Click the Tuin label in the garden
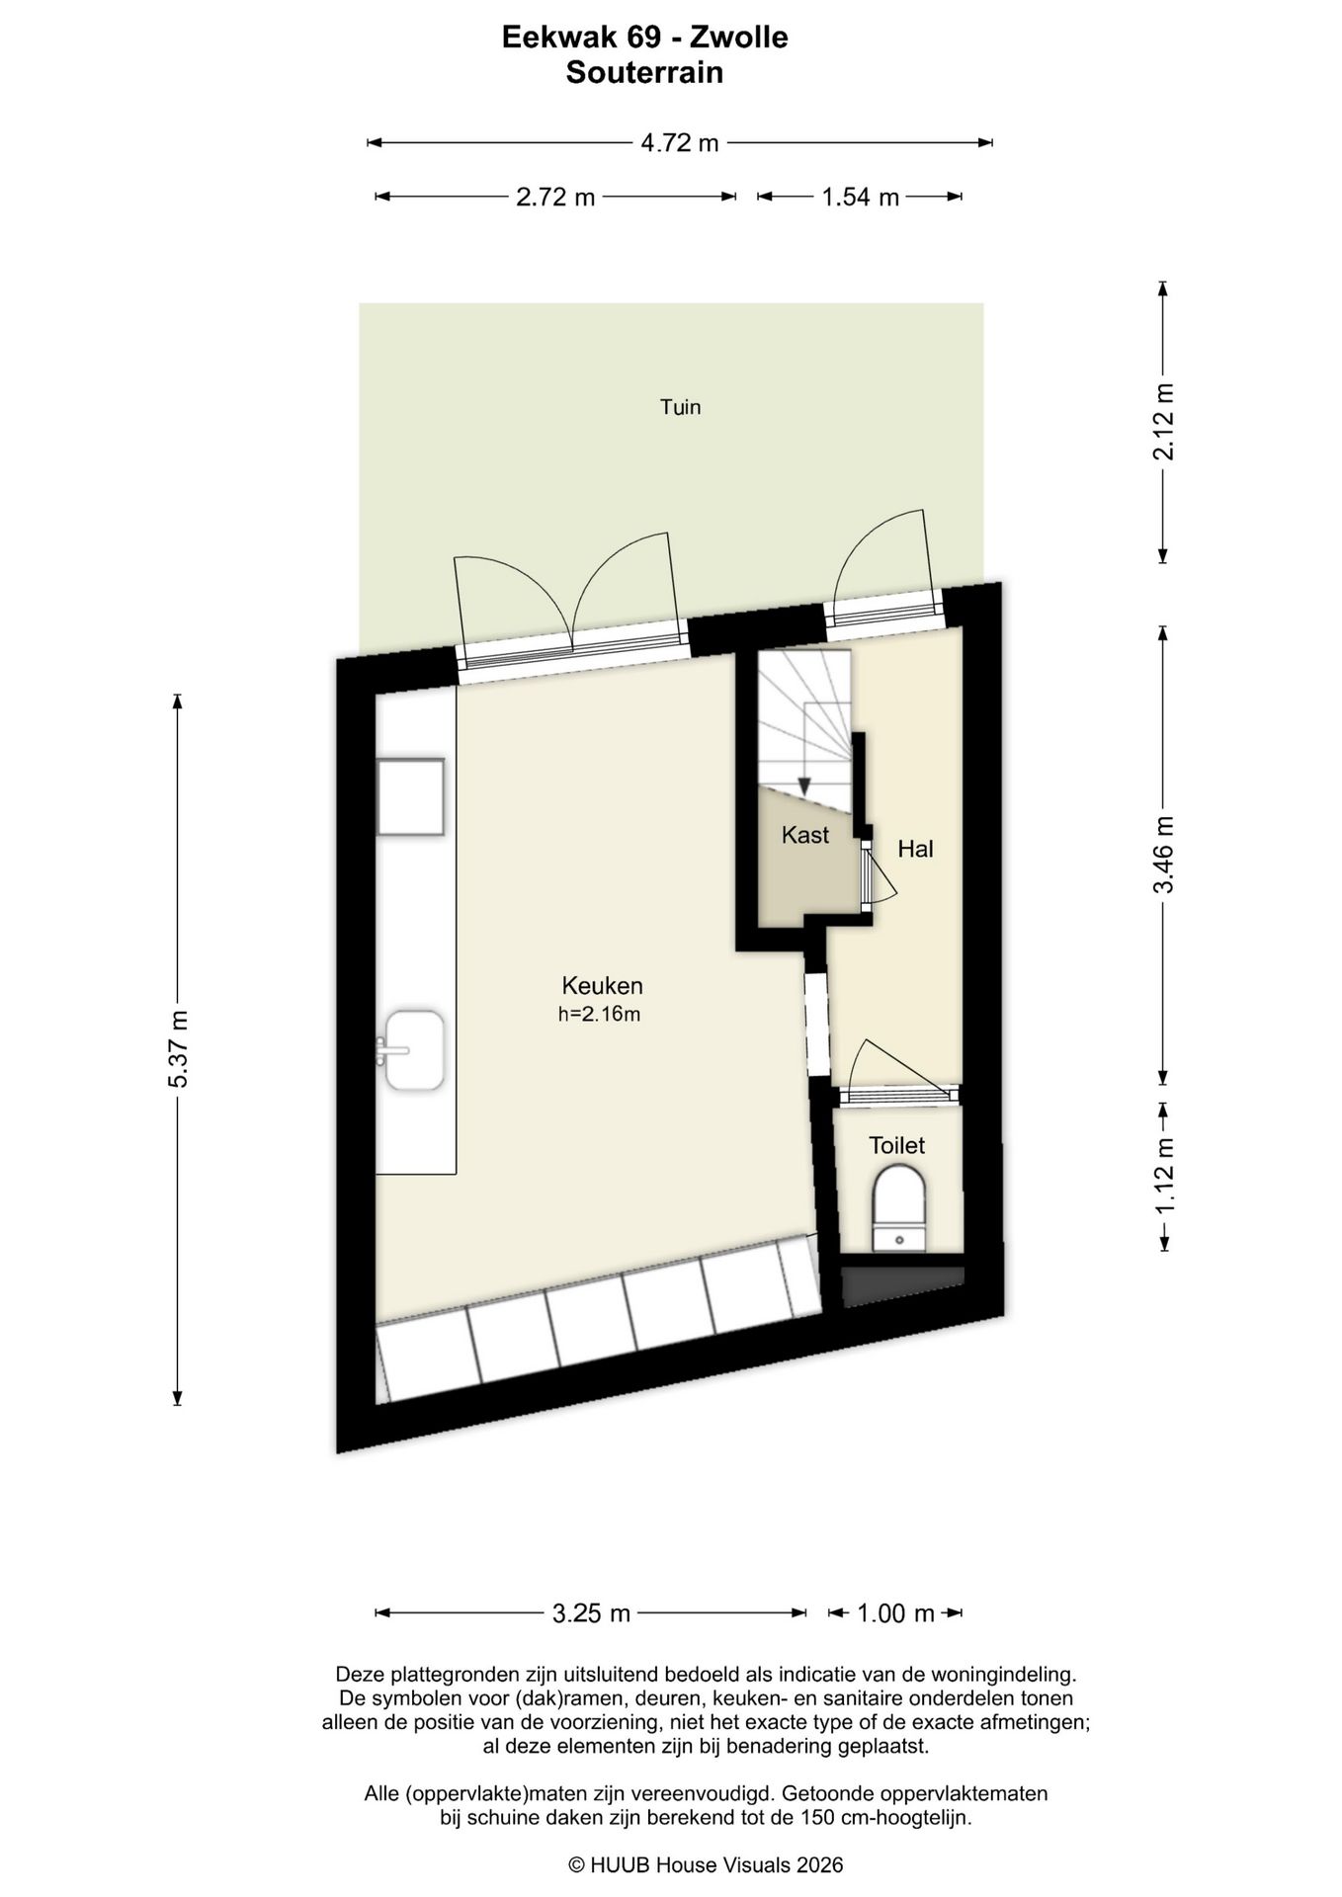[x=681, y=406]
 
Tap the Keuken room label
[x=602, y=985]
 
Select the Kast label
[x=804, y=835]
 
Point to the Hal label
[x=915, y=849]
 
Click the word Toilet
[x=896, y=1145]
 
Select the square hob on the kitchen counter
[x=410, y=796]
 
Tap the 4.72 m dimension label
[x=680, y=143]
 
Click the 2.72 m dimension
[x=555, y=197]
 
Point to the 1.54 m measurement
[x=860, y=197]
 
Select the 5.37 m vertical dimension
[x=178, y=1049]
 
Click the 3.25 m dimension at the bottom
[x=591, y=1613]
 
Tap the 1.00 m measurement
[x=895, y=1613]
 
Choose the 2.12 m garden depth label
[x=1165, y=421]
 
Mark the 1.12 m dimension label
[x=1165, y=1177]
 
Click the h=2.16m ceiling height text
[x=600, y=1014]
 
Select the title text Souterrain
[x=644, y=72]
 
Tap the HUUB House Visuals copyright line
[x=706, y=1864]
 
